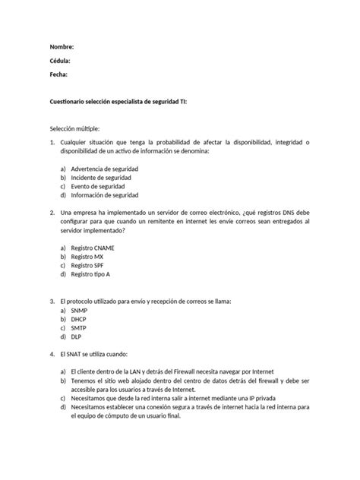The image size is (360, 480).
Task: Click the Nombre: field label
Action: pos(62,47)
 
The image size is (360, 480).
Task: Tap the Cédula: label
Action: pos(61,61)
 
